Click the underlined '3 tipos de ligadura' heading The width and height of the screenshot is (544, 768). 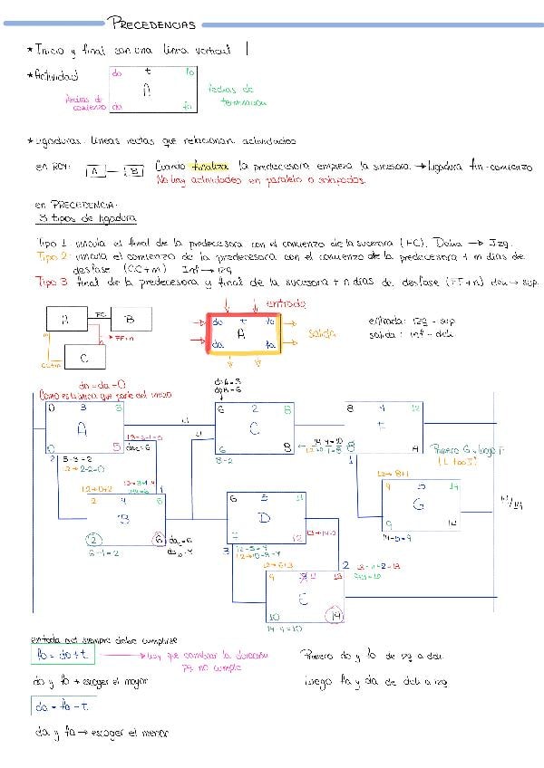point(88,219)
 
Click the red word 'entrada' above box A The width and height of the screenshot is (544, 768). point(287,304)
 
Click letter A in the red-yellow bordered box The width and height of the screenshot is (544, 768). point(241,334)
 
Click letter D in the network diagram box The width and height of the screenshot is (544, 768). point(265,517)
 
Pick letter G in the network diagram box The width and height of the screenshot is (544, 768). point(418,504)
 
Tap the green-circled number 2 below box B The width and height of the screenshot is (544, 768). point(94,541)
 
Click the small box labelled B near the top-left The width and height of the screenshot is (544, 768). point(131,318)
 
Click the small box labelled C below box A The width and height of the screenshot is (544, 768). point(83,355)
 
